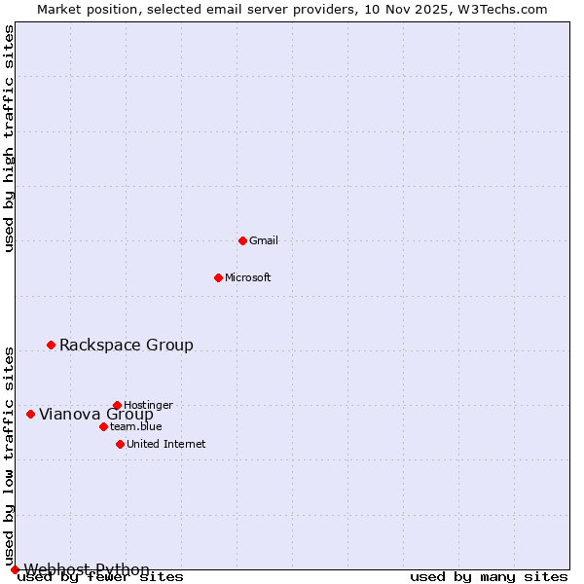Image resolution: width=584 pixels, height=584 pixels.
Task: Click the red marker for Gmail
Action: tap(242, 240)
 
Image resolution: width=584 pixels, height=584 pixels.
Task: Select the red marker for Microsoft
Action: tap(218, 277)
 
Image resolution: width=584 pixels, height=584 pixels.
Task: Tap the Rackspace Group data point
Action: tap(51, 345)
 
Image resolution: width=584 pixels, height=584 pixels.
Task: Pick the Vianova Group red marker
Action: tap(30, 414)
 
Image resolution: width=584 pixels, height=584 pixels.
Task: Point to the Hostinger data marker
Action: tap(117, 405)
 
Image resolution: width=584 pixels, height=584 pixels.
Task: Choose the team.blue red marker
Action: tap(103, 426)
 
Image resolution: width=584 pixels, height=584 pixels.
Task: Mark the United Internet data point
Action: tap(120, 444)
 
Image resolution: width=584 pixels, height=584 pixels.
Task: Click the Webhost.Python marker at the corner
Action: tap(15, 569)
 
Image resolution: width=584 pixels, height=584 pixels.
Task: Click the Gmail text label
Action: tap(264, 240)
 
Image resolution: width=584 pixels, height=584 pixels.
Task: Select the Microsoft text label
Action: tap(247, 277)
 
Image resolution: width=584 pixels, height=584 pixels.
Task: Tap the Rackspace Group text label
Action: tap(127, 345)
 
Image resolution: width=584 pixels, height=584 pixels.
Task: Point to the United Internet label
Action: tap(165, 444)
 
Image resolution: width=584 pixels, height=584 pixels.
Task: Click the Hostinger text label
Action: tap(148, 405)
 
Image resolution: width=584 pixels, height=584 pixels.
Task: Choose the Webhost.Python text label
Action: tap(87, 569)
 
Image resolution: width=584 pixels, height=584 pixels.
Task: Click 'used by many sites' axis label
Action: tap(488, 577)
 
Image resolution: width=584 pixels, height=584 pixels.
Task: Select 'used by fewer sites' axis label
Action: tap(100, 577)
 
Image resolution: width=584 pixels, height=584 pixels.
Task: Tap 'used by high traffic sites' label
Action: tap(9, 138)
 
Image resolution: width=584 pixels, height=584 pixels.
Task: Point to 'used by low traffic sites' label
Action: tap(9, 456)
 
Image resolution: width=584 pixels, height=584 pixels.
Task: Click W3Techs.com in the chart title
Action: tap(502, 9)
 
